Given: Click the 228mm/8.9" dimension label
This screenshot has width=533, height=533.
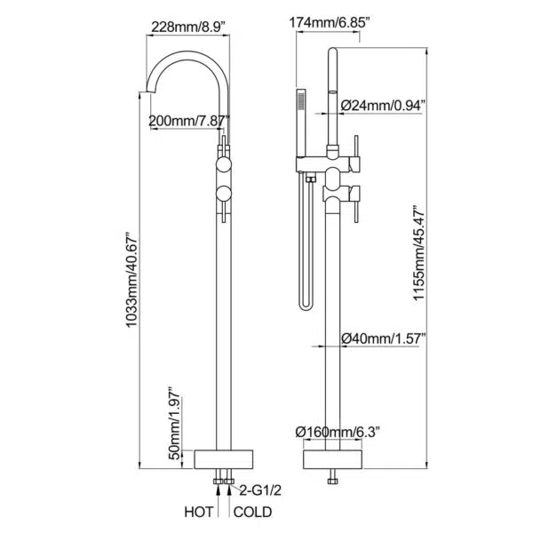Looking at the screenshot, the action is tap(188, 27).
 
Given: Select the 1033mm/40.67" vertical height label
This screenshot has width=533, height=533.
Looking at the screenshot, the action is tap(131, 280).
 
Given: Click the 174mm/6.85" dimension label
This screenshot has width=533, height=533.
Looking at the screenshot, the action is tap(329, 23).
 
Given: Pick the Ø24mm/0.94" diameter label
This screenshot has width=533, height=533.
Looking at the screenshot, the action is tap(383, 106).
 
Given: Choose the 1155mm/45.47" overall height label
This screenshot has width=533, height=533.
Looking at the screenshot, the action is tap(418, 253).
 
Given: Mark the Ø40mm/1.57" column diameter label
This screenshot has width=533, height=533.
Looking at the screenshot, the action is tap(384, 338).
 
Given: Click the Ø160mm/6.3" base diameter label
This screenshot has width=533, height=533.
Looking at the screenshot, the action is tap(338, 432).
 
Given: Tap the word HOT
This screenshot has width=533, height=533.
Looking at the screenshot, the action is tap(199, 512).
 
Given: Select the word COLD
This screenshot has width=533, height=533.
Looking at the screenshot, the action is tap(252, 512).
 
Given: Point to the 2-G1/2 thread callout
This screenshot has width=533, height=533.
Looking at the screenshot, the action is tap(260, 490).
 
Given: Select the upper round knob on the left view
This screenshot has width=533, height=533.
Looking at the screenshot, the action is tap(224, 164).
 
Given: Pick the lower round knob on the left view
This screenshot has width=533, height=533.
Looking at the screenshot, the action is tap(224, 194).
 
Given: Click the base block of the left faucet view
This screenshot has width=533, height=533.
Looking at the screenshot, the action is tap(224, 459).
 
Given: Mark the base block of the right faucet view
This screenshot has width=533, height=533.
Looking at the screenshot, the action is tap(333, 459).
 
